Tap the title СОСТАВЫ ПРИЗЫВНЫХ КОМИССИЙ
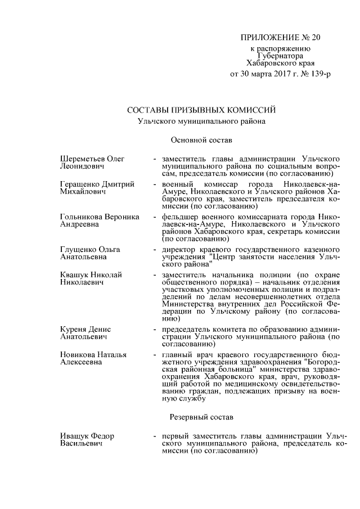[x=201, y=109]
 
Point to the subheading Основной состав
[x=201, y=139]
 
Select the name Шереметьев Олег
[x=92, y=159]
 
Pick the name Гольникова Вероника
[x=99, y=217]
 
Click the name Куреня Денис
[x=85, y=329]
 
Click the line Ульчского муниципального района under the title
[x=201, y=121]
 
